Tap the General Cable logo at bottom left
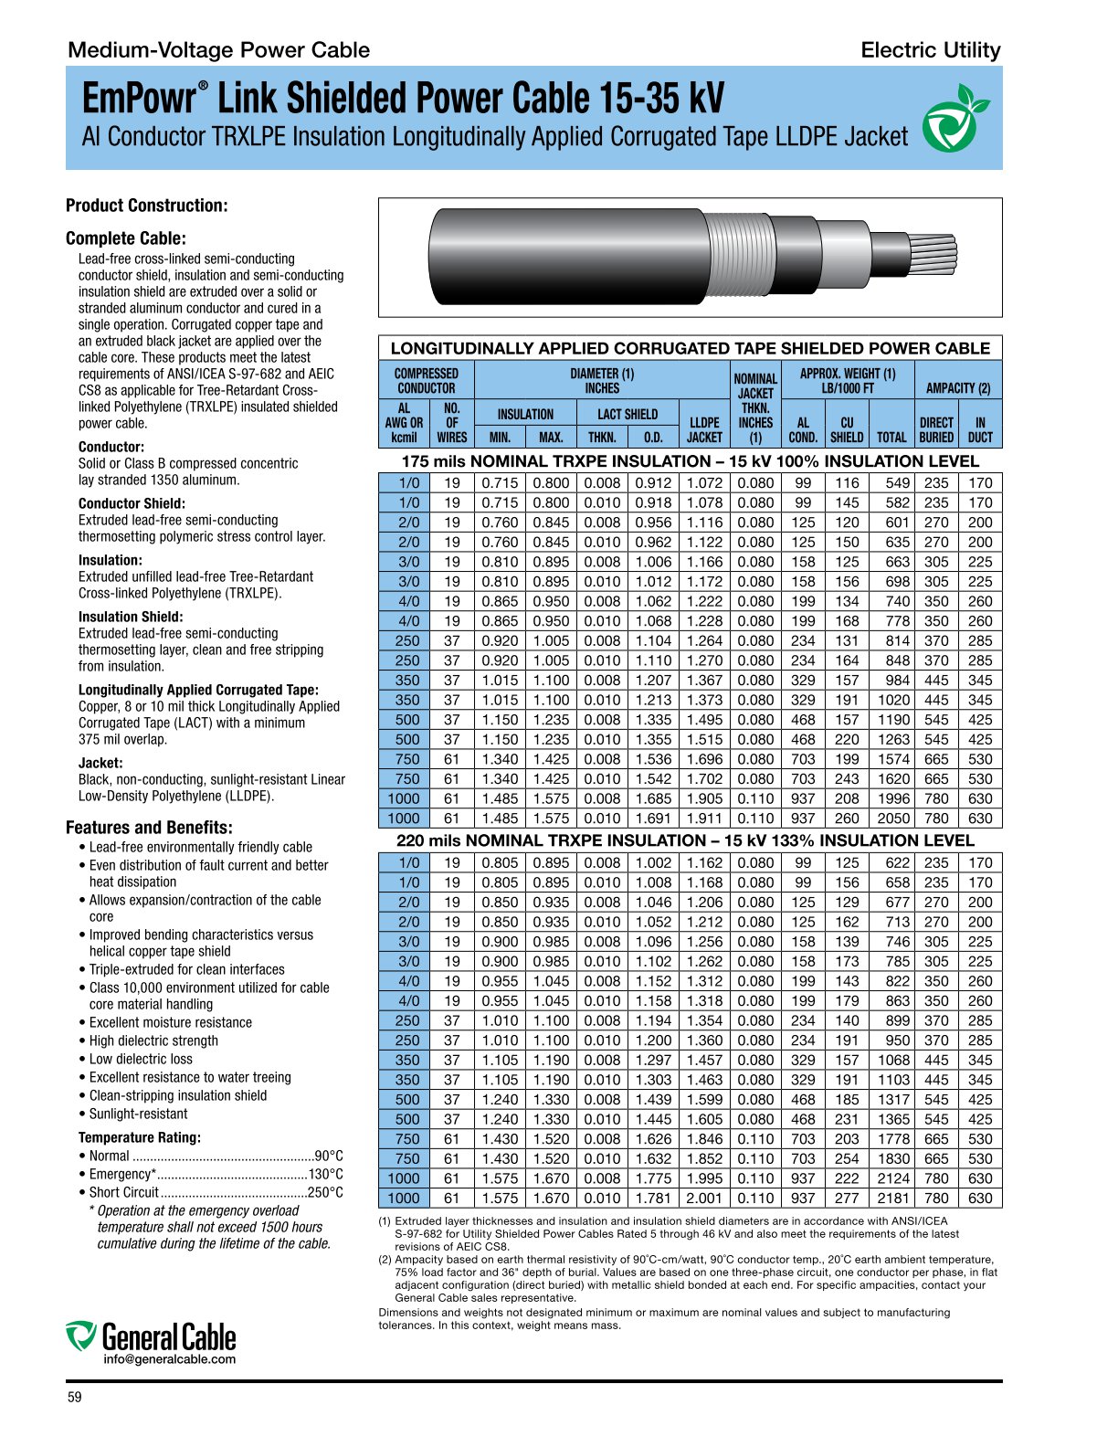pos(151,1336)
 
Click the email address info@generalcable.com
pos(169,1359)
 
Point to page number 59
pos(74,1397)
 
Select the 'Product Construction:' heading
pos(146,206)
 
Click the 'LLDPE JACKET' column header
pos(704,429)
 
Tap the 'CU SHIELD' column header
pos(846,429)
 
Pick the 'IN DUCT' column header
pos(980,429)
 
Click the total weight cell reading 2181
pos(893,1199)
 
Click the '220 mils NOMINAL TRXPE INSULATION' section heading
pos(685,840)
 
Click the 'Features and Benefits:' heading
pos(149,828)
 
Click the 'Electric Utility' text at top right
pos(930,50)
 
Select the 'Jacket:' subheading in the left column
pos(100,763)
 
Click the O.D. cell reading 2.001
pos(704,1199)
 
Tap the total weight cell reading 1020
pos(893,700)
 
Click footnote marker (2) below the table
pos(385,1260)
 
